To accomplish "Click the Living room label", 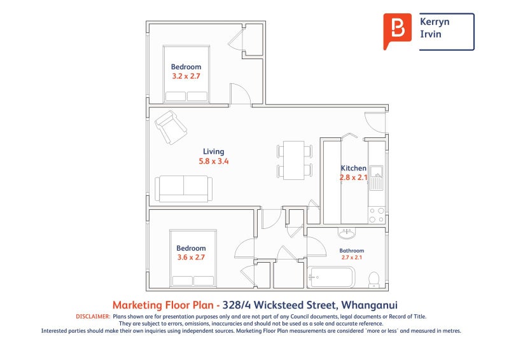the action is [x=213, y=151].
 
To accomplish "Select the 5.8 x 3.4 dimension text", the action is [x=214, y=161].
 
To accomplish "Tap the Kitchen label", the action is [x=354, y=168].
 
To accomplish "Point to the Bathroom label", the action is [x=352, y=251].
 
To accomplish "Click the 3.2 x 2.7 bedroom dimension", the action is [x=186, y=76].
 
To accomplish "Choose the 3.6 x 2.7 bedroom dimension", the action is [x=191, y=258].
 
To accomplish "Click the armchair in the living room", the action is [x=171, y=127].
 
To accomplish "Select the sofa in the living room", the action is [x=184, y=189].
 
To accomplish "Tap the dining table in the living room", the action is [x=294, y=160].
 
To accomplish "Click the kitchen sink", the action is [x=377, y=178].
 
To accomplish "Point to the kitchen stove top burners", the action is [x=377, y=215].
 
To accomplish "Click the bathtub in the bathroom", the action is [x=331, y=277].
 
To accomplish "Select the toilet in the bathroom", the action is [x=374, y=279].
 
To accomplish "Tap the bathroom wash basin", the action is [x=347, y=233].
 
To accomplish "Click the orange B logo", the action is [x=397, y=31].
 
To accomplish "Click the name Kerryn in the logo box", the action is [x=435, y=22].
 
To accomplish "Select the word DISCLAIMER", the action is [x=93, y=317].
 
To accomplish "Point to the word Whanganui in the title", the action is [x=370, y=305].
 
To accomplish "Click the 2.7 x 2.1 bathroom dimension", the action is [x=352, y=258].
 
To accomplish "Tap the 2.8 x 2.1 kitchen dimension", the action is [x=354, y=177].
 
